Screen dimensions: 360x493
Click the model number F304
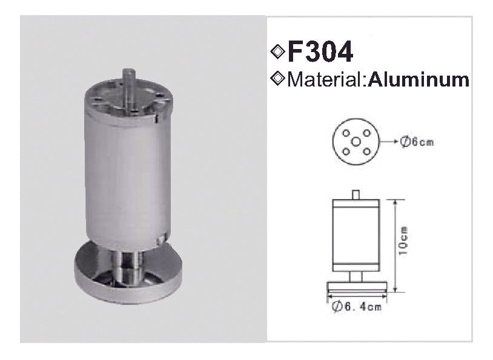(320, 53)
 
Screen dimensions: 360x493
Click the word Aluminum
(419, 80)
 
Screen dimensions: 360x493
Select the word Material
(325, 80)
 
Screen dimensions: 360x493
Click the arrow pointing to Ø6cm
(389, 142)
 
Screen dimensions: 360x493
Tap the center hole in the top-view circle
(356, 142)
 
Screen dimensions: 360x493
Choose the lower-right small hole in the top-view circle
(366, 151)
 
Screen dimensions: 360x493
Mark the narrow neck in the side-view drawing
(356, 277)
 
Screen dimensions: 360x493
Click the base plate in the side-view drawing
(356, 286)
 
